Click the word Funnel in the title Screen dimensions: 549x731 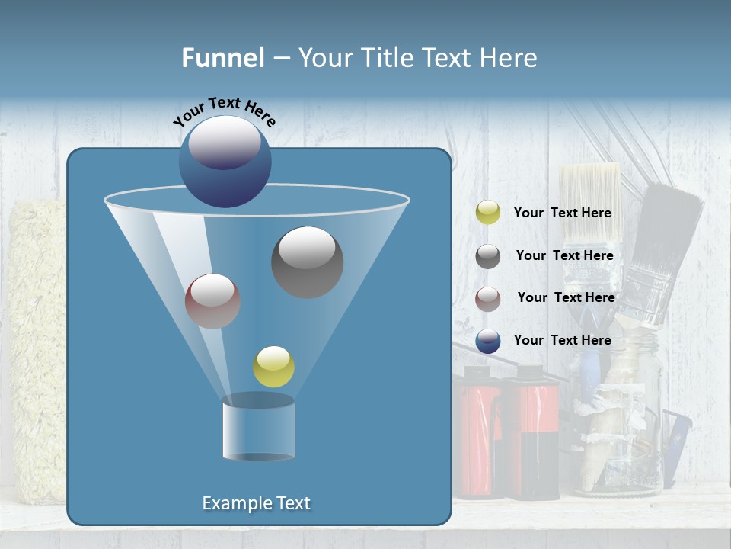[x=222, y=58]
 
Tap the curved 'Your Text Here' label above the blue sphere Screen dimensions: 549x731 [x=225, y=111]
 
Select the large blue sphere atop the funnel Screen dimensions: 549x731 [x=225, y=162]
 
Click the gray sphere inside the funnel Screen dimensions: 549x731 [x=307, y=262]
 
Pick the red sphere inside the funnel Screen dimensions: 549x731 [x=212, y=301]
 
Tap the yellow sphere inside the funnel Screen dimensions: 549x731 [x=273, y=367]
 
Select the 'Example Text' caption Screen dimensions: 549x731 [x=256, y=503]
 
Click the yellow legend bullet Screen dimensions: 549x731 [x=488, y=213]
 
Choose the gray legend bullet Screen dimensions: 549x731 [x=488, y=256]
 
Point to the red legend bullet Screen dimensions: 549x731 [x=488, y=298]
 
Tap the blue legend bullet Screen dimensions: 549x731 [x=488, y=341]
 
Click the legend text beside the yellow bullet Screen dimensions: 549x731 [x=562, y=213]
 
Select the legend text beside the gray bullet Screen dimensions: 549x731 [x=564, y=256]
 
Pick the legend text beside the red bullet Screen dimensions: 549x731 [x=566, y=298]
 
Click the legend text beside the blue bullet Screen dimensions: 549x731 [x=562, y=341]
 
